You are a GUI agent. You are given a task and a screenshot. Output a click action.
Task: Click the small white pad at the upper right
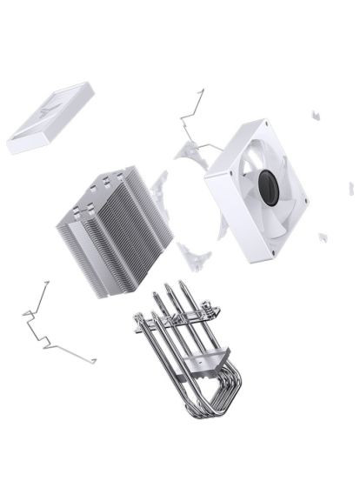316,114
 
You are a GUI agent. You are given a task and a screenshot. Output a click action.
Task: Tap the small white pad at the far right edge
351,188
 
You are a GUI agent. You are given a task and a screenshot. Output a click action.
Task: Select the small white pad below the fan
323,237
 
